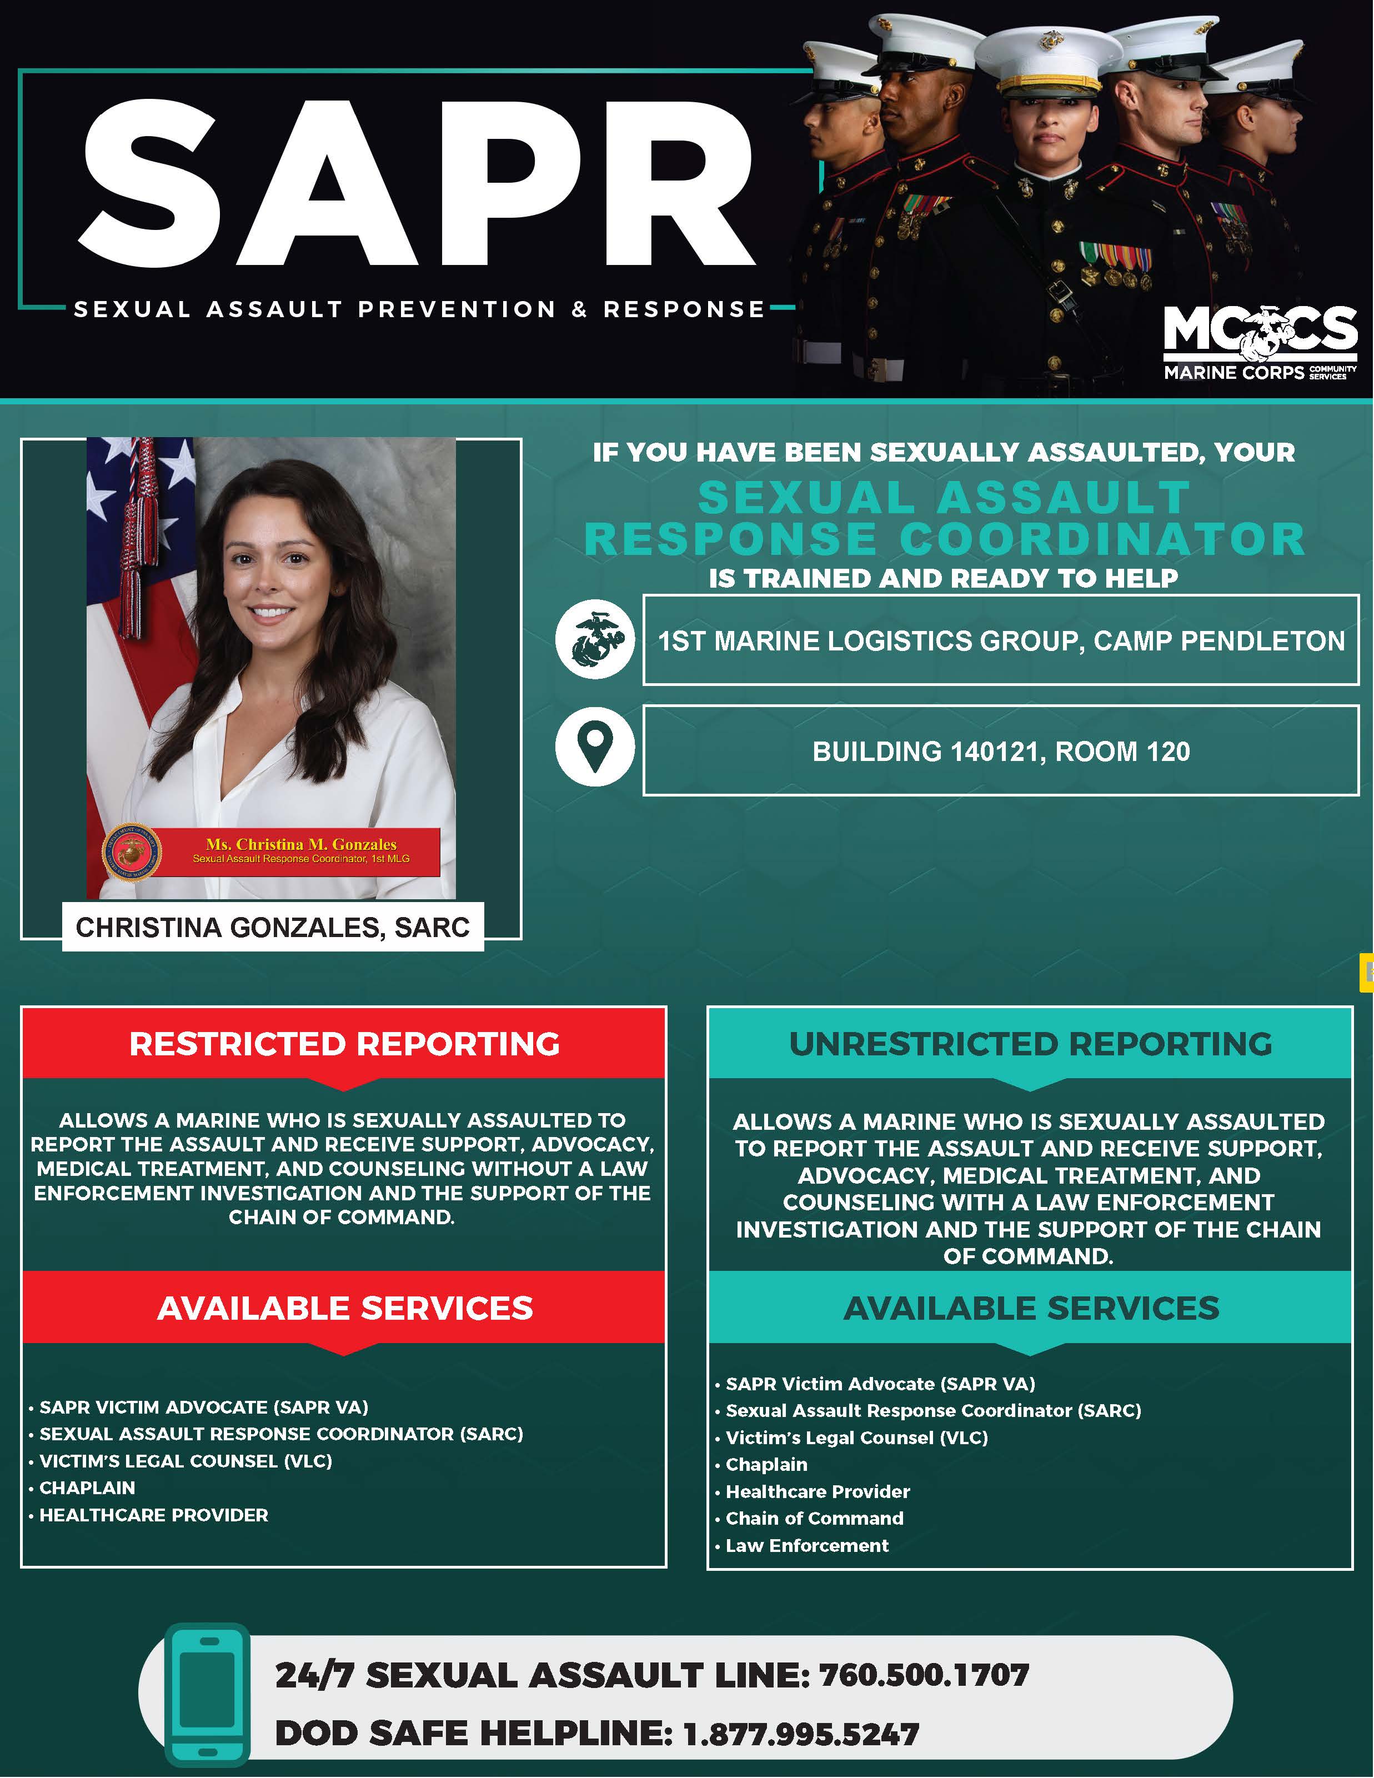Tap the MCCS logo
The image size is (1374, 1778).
[1260, 342]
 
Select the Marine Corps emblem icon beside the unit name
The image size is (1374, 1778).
[595, 640]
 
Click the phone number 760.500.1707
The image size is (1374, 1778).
[924, 1675]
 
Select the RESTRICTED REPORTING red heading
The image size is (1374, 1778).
[344, 1044]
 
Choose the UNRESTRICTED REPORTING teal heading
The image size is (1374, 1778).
[1030, 1044]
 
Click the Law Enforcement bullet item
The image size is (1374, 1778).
[806, 1545]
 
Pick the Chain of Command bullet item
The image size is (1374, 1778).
[814, 1518]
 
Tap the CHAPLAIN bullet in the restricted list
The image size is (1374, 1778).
[87, 1487]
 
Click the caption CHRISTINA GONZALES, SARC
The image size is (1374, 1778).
[273, 927]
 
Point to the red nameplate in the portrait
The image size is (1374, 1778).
[301, 851]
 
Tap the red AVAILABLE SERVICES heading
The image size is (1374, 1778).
[344, 1308]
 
